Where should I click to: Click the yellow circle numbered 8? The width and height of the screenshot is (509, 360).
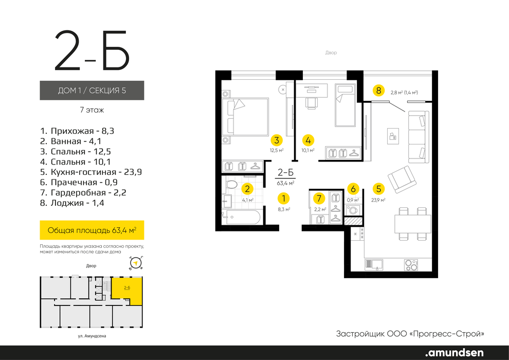[378, 90]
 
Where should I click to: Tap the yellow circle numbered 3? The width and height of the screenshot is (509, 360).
[277, 140]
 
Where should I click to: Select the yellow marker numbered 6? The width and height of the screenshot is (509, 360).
[353, 189]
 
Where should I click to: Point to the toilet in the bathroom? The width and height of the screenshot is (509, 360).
[231, 185]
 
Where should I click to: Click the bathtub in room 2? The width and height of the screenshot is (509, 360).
[241, 217]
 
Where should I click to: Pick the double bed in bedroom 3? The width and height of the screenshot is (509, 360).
[245, 117]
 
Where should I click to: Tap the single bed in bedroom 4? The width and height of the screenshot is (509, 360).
[346, 105]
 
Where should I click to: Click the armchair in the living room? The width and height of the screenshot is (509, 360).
[402, 179]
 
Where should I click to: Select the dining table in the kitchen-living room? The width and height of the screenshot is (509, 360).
[412, 224]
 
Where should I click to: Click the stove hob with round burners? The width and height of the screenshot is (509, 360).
[411, 265]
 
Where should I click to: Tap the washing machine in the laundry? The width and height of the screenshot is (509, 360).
[353, 209]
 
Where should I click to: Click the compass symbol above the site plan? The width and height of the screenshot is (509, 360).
[136, 263]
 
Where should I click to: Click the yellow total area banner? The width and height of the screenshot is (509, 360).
[92, 230]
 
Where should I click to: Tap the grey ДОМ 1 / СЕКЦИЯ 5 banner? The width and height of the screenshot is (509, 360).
[92, 90]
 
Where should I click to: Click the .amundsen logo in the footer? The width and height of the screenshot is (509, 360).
[455, 352]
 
